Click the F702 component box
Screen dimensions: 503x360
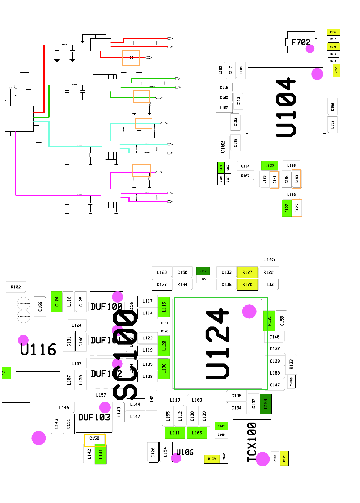click(301, 42)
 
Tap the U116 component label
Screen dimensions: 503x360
click(38, 350)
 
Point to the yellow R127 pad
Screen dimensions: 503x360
click(247, 272)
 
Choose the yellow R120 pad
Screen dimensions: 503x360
click(247, 284)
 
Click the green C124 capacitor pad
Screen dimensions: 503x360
click(56, 301)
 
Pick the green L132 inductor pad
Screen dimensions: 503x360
click(270, 166)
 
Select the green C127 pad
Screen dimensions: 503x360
click(287, 208)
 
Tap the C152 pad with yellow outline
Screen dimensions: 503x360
click(94, 439)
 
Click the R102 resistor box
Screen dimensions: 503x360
click(16, 287)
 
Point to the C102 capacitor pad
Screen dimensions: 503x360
click(223, 147)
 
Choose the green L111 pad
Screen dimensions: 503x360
click(175, 433)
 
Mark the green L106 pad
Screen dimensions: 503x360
click(197, 433)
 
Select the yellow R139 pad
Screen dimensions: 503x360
click(212, 459)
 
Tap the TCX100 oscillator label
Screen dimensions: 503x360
click(252, 442)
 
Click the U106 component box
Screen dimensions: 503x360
click(185, 452)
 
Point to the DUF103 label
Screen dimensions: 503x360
click(94, 417)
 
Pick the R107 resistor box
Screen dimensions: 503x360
click(245, 176)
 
